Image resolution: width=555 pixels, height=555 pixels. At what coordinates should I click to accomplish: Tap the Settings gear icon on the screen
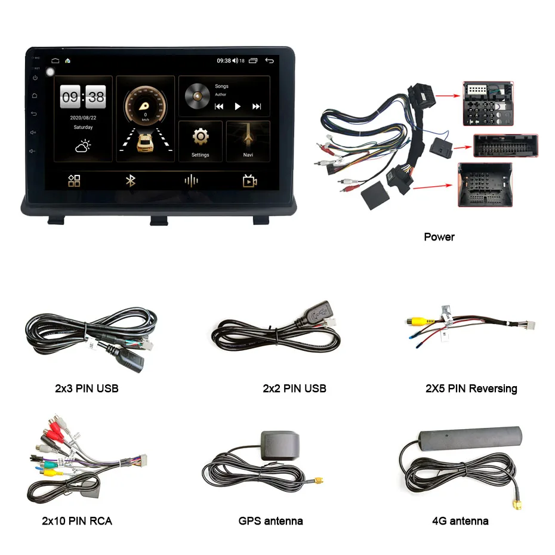pos(200,137)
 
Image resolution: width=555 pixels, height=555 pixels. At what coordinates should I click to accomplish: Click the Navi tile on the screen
pos(248,141)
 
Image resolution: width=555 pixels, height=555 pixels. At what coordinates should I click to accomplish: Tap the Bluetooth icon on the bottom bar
pos(131,181)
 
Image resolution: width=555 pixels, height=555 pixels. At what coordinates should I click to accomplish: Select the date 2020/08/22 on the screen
pos(83,118)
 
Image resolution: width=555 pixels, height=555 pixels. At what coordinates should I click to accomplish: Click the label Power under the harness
pos(439,237)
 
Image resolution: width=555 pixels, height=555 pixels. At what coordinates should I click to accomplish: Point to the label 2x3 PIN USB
pos(87,388)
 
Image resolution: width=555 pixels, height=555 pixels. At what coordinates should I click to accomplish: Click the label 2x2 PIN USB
pos(294,388)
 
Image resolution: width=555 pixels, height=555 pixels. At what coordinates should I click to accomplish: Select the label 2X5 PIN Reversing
pos(471,388)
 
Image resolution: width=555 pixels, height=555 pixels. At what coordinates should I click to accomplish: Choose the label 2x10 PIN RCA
pos(77,521)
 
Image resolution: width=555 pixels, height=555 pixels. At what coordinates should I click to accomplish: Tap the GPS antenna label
pos(270,521)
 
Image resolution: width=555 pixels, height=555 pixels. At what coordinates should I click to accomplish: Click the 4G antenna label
pos(460,521)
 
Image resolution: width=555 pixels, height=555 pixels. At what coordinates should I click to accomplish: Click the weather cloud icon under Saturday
pos(83,146)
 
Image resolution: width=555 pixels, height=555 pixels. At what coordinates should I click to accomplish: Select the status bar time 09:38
pos(223,61)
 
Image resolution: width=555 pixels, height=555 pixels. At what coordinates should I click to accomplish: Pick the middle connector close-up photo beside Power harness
pos(505,146)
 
